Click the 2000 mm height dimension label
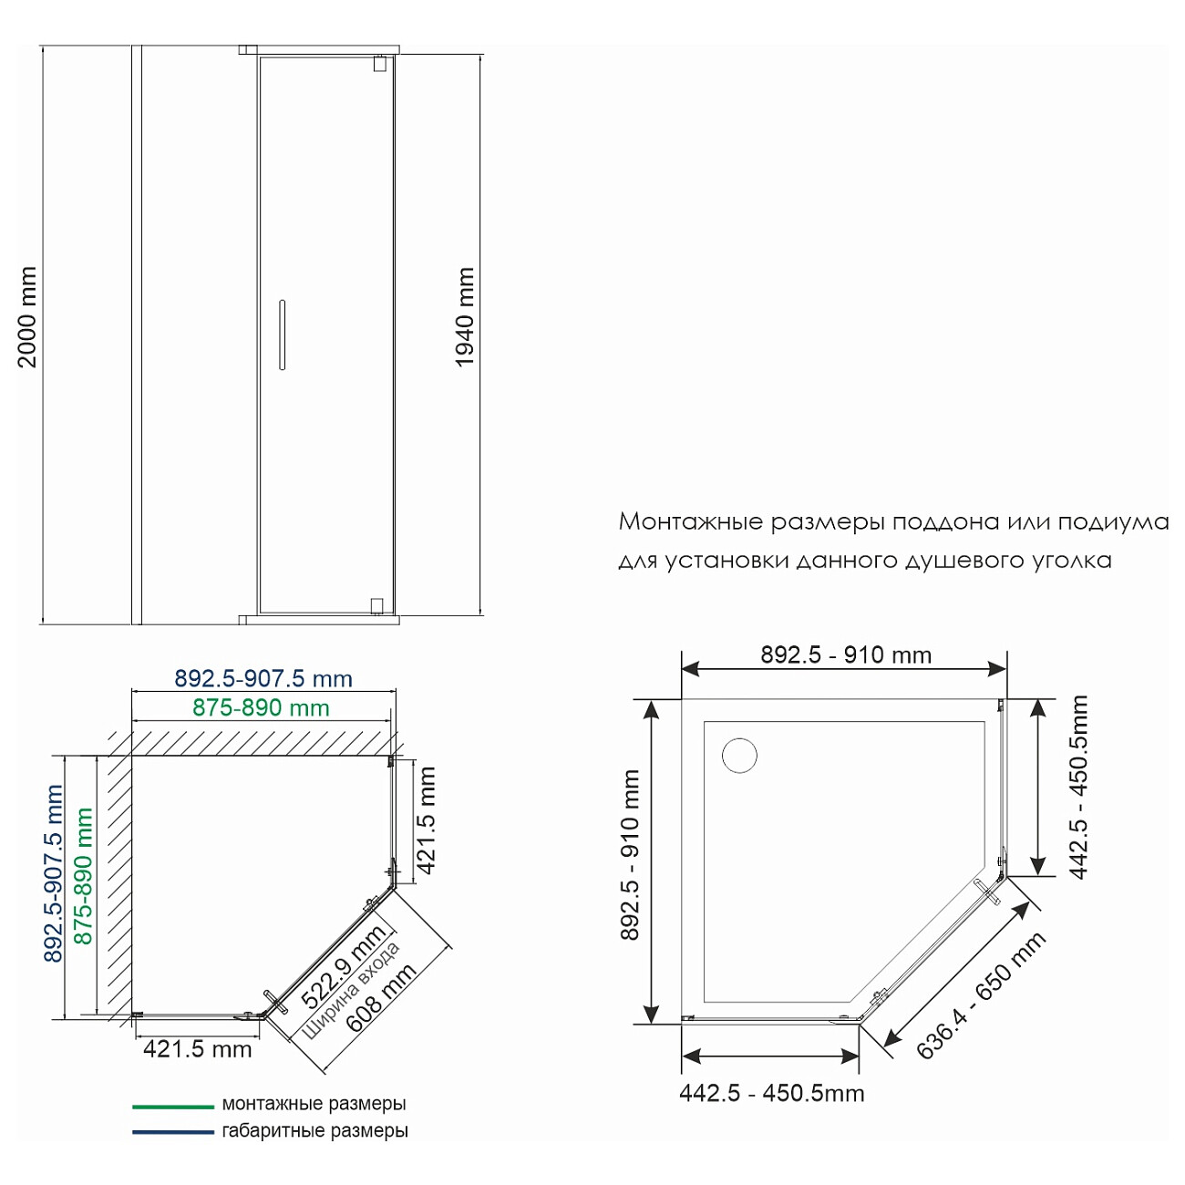click(x=27, y=317)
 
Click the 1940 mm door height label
click(x=465, y=317)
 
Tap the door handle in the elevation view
click(x=282, y=335)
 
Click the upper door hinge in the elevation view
click(x=379, y=64)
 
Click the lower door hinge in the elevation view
click(x=377, y=606)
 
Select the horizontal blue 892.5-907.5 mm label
click(x=263, y=678)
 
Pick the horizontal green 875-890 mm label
click(x=261, y=707)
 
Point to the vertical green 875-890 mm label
click(x=83, y=876)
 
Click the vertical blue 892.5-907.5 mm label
click(x=54, y=873)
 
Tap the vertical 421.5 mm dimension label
click(x=426, y=820)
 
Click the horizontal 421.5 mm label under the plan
click(x=198, y=1049)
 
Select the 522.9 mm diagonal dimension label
click(x=343, y=966)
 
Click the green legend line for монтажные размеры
click(x=173, y=1107)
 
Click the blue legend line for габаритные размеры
click(x=173, y=1132)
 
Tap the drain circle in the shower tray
click(x=739, y=756)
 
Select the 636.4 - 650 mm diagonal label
click(x=981, y=995)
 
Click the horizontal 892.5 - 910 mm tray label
click(x=846, y=654)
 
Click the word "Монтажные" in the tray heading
click(x=691, y=521)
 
